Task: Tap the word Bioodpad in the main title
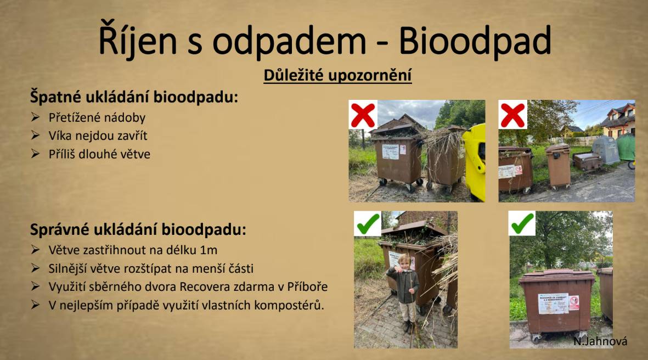(475, 40)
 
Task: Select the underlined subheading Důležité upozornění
(337, 75)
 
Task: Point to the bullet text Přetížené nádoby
(97, 117)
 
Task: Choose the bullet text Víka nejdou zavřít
(98, 136)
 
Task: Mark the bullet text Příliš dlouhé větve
(99, 154)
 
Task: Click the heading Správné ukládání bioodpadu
(138, 229)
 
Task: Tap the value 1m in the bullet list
(208, 250)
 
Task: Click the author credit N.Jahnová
(600, 341)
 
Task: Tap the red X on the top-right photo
(512, 115)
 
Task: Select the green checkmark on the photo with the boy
(368, 223)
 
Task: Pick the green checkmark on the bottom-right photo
(522, 223)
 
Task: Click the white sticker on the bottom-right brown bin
(553, 303)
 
